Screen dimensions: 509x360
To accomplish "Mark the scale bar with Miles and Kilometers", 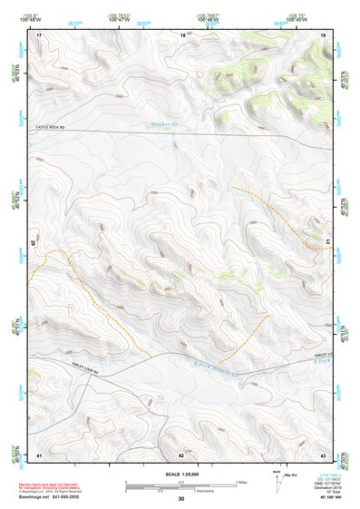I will coord(180,485).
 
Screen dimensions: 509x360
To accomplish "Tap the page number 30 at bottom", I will coord(180,499).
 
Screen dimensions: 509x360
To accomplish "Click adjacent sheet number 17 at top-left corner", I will coord(39,34).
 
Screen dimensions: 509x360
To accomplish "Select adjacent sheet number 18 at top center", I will coord(182,34).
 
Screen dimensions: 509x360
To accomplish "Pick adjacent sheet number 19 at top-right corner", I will coord(324,34).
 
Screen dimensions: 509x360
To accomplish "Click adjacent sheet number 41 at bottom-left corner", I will coord(39,455).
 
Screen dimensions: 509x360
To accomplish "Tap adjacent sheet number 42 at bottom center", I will coord(180,455).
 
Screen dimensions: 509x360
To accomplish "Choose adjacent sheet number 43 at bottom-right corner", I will coord(324,455).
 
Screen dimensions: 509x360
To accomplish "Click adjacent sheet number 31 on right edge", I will coord(326,242).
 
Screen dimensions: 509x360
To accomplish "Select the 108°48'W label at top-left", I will coord(33,19).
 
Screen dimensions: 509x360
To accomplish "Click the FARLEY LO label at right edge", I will coord(323,354).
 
